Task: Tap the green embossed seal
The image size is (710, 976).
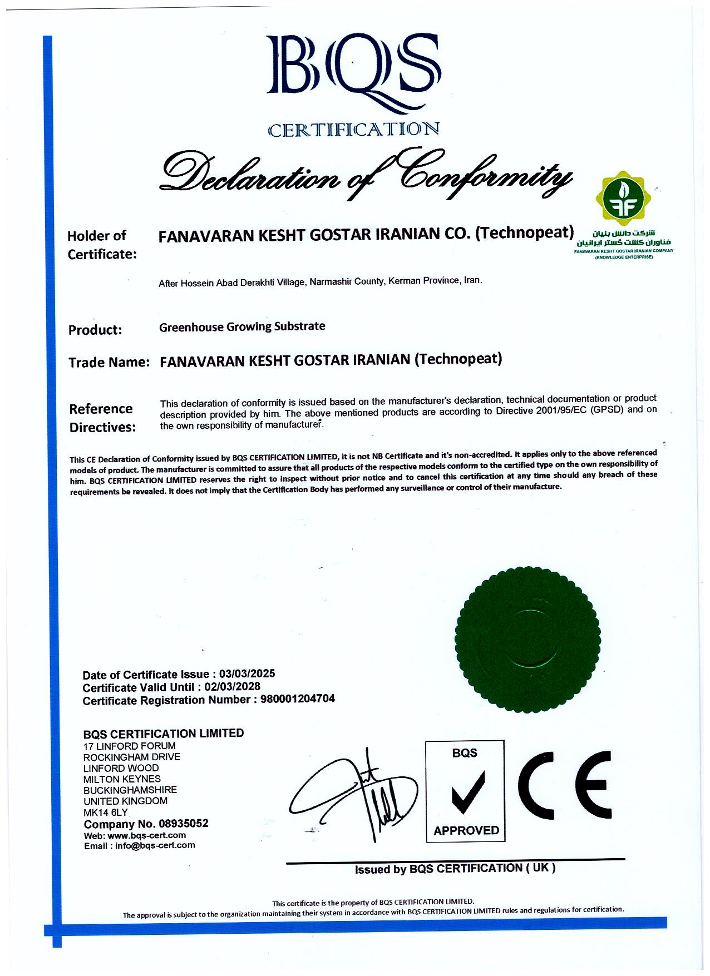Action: [528, 639]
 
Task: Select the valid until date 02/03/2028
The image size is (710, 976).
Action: [232, 687]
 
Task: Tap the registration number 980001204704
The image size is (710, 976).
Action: [298, 699]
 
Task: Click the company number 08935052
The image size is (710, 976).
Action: [183, 824]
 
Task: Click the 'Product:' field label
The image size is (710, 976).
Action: [95, 330]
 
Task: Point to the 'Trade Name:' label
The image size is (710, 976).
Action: [109, 363]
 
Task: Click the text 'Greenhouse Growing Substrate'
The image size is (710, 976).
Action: [242, 326]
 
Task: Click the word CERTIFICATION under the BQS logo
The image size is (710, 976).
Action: [353, 130]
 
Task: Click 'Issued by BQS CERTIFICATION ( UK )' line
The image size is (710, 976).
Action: [455, 869]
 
